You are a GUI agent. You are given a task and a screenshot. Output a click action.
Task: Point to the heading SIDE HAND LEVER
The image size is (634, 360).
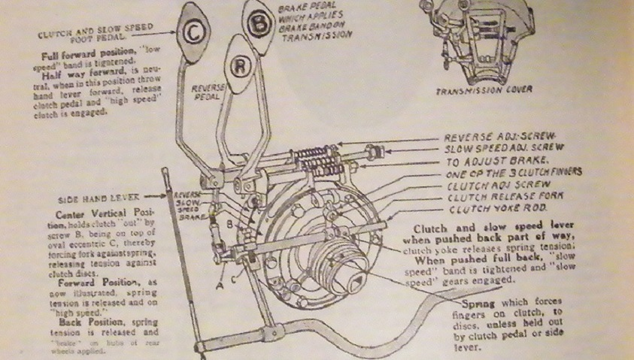click(95, 199)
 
